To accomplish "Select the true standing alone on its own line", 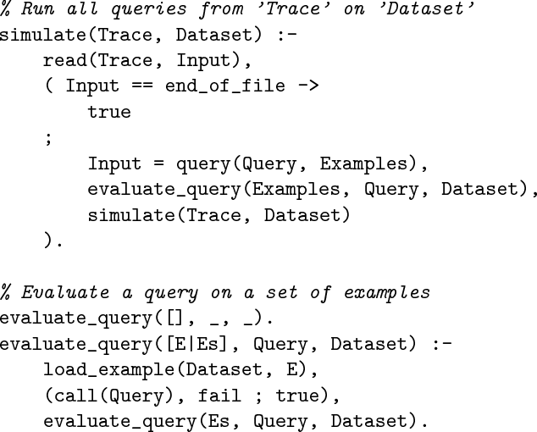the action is click(109, 110).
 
